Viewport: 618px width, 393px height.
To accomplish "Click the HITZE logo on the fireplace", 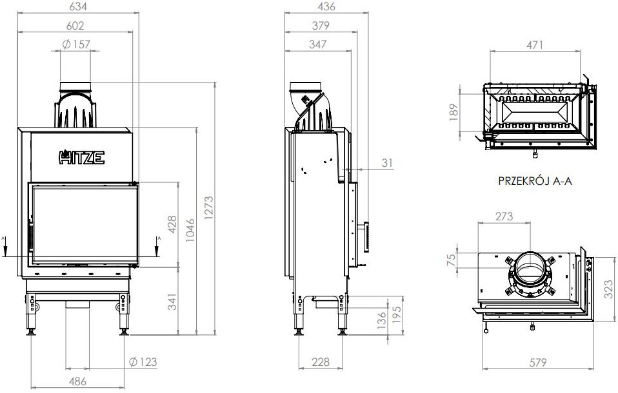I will [82, 157].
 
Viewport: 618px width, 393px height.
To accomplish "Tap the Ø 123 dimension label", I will [143, 361].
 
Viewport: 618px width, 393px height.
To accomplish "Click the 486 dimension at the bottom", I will [77, 381].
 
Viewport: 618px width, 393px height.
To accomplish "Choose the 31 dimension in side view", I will [386, 164].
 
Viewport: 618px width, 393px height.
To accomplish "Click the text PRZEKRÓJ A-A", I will [535, 182].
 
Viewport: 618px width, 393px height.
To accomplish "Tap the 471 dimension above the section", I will [534, 44].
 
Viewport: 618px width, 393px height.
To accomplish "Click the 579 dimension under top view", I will [539, 361].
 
